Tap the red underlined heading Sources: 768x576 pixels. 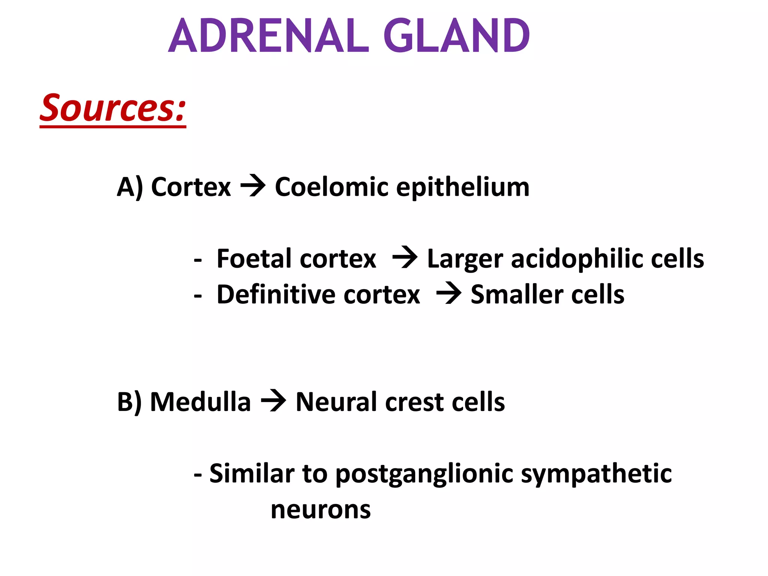pos(113,109)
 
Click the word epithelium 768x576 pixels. pos(463,187)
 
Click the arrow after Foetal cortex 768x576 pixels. pos(405,258)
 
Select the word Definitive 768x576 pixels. pos(276,294)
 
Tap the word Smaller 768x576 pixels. pos(517,294)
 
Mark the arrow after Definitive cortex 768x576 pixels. pos(448,293)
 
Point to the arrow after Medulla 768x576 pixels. pos(273,401)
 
